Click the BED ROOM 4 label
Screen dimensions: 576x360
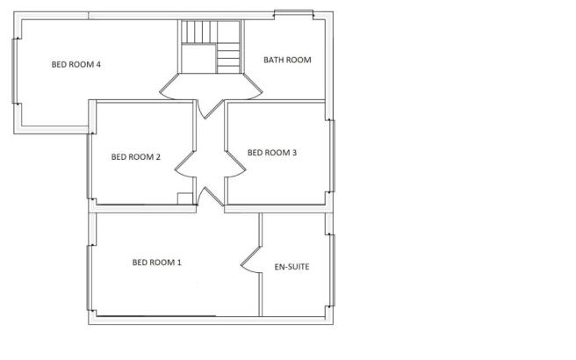point(76,65)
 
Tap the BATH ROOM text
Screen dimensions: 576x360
point(287,60)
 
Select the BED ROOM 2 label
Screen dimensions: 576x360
point(136,157)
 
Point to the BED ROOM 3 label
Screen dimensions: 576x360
point(272,153)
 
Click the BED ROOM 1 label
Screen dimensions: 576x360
point(157,263)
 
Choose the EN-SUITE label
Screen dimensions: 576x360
point(292,267)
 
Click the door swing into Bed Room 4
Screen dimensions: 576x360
point(169,87)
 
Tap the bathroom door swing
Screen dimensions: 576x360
point(253,87)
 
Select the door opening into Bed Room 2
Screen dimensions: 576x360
point(184,167)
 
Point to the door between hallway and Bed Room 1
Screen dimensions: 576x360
point(210,196)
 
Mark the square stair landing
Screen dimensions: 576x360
point(198,59)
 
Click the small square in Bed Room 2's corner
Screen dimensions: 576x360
point(184,198)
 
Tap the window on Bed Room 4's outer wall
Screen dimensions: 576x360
point(15,71)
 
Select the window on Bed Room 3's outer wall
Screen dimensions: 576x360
point(332,156)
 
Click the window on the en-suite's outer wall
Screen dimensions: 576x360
point(332,270)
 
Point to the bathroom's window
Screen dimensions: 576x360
point(293,14)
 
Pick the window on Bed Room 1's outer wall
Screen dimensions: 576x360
point(90,278)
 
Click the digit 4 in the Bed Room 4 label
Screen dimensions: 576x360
point(98,65)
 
